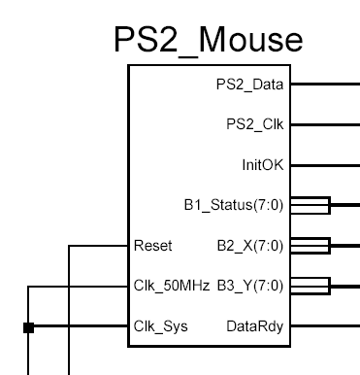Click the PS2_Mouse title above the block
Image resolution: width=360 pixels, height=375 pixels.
tap(208, 38)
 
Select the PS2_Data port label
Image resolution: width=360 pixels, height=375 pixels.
tap(249, 85)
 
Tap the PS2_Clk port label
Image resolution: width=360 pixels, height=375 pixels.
tap(253, 124)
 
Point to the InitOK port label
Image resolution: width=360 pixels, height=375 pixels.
tap(262, 164)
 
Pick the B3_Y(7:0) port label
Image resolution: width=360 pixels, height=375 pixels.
tap(249, 286)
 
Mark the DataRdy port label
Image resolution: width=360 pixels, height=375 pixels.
tap(258, 326)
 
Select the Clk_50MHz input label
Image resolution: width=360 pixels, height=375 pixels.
tap(167, 286)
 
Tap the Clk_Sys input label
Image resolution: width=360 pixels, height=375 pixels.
tap(160, 326)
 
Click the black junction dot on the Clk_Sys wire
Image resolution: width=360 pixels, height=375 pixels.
tap(29, 327)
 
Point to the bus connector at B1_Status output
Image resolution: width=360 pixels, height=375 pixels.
tap(311, 205)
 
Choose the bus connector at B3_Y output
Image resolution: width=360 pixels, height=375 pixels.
tap(311, 286)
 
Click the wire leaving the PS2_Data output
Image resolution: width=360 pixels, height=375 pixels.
tap(325, 85)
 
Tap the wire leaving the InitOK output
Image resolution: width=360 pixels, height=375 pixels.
tap(325, 165)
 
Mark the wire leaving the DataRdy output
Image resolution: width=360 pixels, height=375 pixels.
tap(325, 326)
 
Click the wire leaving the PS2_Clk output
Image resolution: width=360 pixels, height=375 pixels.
tap(325, 124)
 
